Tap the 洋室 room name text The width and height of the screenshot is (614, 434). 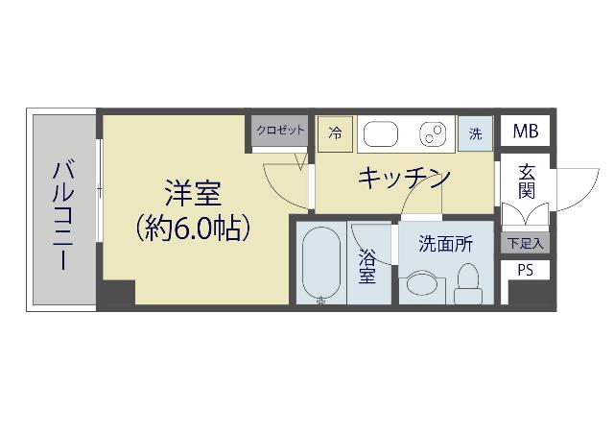coord(193,193)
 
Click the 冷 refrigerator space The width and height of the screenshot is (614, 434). coord(335,133)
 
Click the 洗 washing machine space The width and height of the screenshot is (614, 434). coord(475,133)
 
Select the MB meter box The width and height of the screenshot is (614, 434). coord(525,132)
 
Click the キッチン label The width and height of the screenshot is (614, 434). coord(405,178)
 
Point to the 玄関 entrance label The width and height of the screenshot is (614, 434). coord(526,181)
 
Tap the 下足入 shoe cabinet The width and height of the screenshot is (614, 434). coord(525,243)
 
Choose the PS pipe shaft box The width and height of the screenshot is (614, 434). coord(525,270)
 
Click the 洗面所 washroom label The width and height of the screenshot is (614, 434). coord(445,244)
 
